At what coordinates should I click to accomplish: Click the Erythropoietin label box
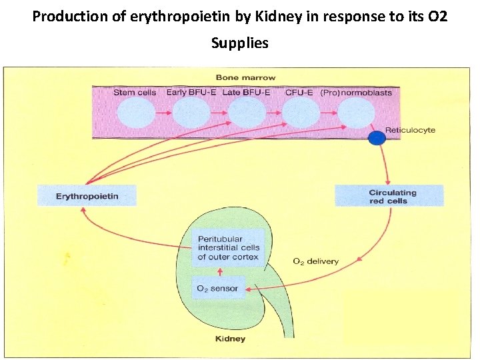[x=87, y=196]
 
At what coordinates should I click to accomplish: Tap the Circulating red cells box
[x=389, y=196]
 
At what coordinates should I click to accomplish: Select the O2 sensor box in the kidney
[x=215, y=289]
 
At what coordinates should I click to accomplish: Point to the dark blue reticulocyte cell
[x=377, y=138]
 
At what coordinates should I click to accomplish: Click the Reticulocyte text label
[x=410, y=129]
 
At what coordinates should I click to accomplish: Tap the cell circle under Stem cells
[x=135, y=114]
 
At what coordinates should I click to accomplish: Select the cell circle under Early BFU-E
[x=191, y=114]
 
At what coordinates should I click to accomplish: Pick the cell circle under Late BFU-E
[x=247, y=114]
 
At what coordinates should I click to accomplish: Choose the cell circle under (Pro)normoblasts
[x=356, y=114]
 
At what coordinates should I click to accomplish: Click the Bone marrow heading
[x=245, y=77]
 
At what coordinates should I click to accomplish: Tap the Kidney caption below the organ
[x=230, y=339]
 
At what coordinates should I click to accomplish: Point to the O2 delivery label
[x=315, y=261]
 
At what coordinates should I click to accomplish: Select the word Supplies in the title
[x=239, y=43]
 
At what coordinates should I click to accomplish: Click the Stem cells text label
[x=135, y=92]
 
